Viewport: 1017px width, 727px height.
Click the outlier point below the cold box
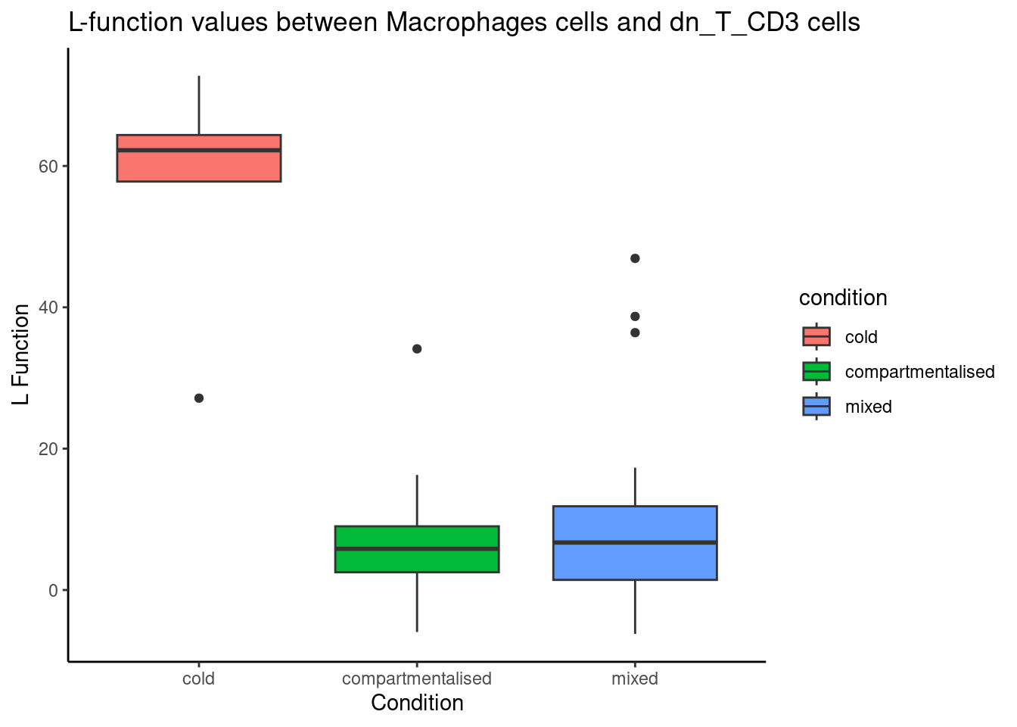click(199, 398)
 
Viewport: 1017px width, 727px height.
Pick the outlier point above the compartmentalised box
click(417, 349)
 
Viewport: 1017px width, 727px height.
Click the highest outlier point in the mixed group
click(635, 259)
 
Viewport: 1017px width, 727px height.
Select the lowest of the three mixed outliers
click(635, 332)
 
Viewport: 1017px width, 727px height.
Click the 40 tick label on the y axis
click(48, 307)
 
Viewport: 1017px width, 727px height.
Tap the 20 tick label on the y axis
click(48, 449)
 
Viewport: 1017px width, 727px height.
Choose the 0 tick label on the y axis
click(53, 591)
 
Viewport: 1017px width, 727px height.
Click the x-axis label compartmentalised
click(417, 679)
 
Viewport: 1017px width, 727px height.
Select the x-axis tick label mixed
click(635, 679)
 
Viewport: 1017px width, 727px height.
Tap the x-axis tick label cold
click(199, 679)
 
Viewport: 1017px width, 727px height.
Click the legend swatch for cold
click(816, 336)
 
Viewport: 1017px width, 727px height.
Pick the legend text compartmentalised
click(919, 372)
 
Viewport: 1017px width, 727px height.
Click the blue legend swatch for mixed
click(816, 407)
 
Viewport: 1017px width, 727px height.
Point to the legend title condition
click(843, 298)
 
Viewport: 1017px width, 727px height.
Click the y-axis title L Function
click(22, 354)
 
